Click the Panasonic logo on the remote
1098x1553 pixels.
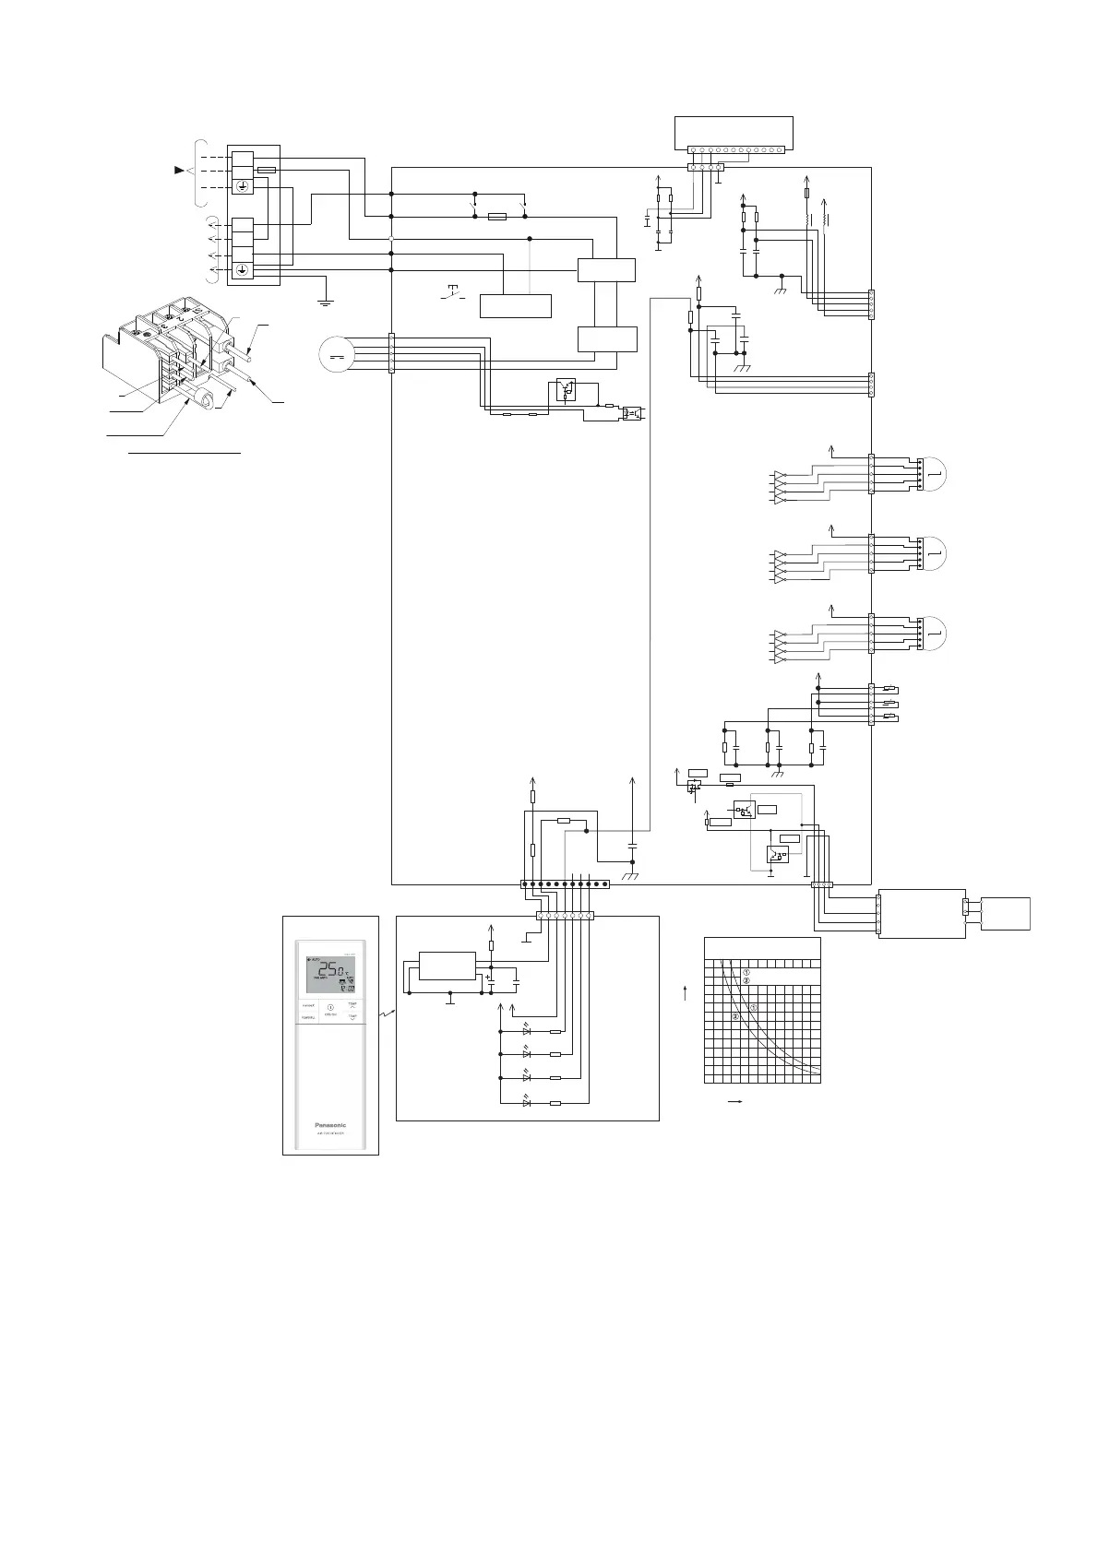click(x=330, y=1124)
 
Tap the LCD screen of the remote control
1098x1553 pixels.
click(x=330, y=972)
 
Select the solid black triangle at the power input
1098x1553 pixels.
click(x=180, y=171)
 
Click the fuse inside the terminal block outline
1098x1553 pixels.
click(x=266, y=171)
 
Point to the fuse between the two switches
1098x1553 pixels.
click(x=496, y=217)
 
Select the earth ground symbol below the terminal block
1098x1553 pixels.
click(x=325, y=299)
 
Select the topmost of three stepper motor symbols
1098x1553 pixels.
click(x=934, y=473)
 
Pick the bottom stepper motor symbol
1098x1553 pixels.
click(x=934, y=633)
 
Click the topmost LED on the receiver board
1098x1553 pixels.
click(x=527, y=1031)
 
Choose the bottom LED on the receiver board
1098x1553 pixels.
click(x=527, y=1102)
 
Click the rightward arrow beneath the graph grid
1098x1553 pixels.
click(x=737, y=1101)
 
